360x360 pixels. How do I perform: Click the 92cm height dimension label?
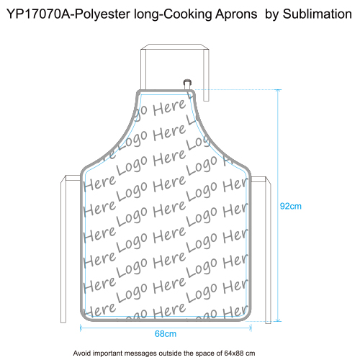(x=290, y=206)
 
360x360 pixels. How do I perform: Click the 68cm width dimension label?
(x=166, y=334)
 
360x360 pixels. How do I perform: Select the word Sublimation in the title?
(x=318, y=14)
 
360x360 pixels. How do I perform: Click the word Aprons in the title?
(x=236, y=14)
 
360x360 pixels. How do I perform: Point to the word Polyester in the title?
(x=103, y=15)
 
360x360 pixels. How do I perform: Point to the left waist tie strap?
(x=63, y=250)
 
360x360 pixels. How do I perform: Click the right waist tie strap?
(x=268, y=250)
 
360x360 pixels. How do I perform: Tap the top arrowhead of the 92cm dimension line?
(x=278, y=91)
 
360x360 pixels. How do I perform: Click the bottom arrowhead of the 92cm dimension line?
(x=278, y=320)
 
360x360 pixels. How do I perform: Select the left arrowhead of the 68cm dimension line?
(x=81, y=328)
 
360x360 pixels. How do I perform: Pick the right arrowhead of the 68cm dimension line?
(x=251, y=328)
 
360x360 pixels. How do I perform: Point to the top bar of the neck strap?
(x=175, y=47)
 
